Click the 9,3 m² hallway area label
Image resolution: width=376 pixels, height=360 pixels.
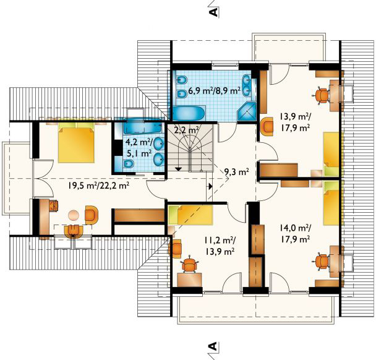point(236,172)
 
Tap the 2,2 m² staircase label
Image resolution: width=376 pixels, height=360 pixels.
point(186,130)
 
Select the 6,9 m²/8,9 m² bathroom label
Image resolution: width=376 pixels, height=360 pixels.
point(215,91)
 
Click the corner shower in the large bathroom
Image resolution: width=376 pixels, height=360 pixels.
point(247,111)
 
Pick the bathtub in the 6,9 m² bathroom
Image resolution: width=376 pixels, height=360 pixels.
point(188,113)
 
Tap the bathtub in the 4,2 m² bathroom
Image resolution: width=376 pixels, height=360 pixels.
point(143,127)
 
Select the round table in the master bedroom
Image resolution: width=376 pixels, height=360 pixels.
point(74,215)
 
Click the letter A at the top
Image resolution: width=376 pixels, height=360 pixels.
point(214,12)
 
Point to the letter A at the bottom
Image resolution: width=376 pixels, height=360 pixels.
point(214,346)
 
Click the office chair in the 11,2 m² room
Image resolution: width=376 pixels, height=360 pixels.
point(190,264)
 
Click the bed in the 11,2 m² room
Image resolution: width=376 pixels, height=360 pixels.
point(190,215)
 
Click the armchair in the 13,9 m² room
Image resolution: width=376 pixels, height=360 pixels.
point(267,126)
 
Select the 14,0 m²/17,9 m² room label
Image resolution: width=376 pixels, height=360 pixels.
point(295,233)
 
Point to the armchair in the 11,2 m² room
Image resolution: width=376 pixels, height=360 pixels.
point(175,249)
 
